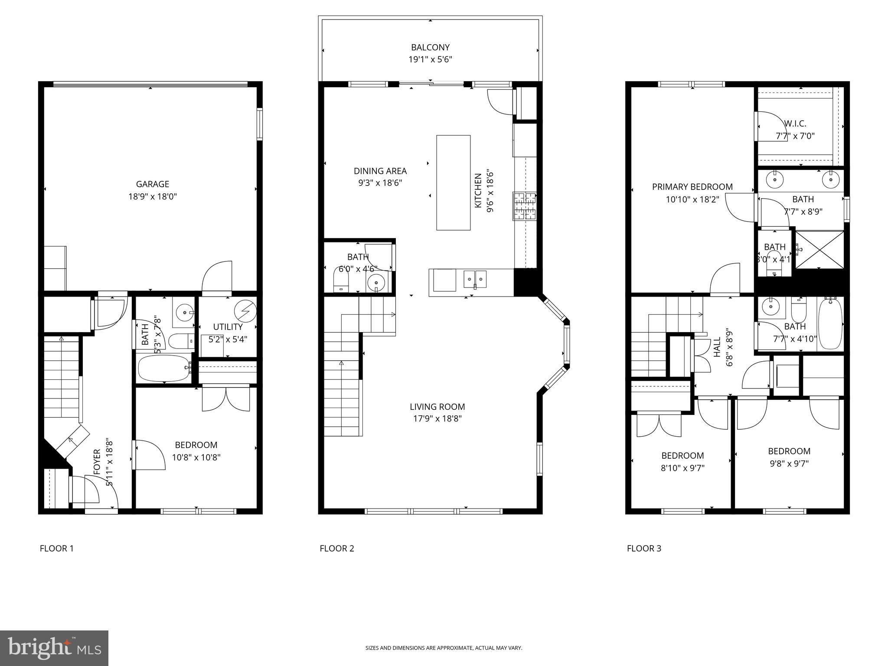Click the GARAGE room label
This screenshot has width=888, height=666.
(x=152, y=184)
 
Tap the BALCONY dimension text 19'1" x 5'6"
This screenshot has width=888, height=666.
(x=430, y=59)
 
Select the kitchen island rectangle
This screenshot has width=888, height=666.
(x=453, y=183)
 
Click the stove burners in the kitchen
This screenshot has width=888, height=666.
(x=525, y=206)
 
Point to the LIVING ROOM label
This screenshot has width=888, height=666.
(x=437, y=407)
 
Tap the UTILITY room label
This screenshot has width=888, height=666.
(x=228, y=327)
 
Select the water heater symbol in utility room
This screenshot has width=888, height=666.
(x=245, y=310)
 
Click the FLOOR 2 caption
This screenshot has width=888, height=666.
(x=337, y=548)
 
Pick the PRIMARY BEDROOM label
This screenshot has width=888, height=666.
(x=692, y=187)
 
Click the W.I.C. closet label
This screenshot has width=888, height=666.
(x=795, y=124)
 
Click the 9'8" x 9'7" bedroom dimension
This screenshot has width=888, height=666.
(x=789, y=463)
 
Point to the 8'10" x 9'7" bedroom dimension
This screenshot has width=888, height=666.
(x=682, y=468)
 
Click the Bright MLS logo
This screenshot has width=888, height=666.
(x=54, y=648)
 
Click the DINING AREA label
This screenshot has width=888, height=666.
(x=380, y=171)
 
